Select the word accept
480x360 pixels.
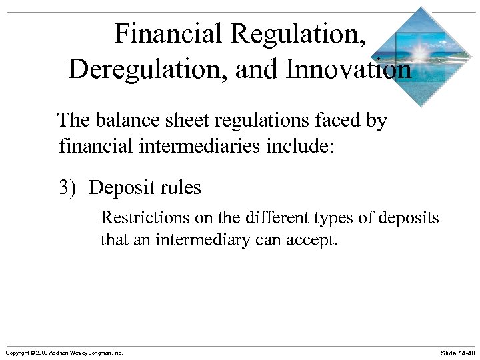[x=313, y=240]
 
